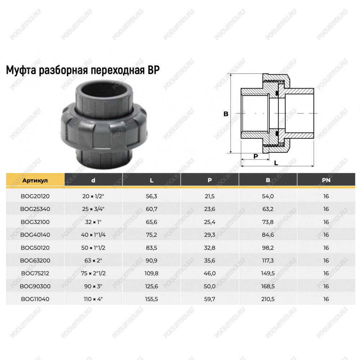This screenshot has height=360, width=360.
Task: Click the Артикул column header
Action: pos(35,180)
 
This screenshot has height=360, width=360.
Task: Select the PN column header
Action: pos(326,180)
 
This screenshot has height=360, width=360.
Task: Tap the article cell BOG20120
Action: pos(35,196)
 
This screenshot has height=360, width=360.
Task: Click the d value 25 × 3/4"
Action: pos(93,209)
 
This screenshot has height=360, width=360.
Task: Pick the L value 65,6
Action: pos(152,222)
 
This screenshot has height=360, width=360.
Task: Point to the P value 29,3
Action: pos(210,235)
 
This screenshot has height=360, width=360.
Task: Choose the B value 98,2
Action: pos(268,248)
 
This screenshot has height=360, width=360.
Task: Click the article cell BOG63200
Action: pos(35,261)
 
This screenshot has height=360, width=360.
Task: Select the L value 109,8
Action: pos(152,274)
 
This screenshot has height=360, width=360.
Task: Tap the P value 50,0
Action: pos(210,286)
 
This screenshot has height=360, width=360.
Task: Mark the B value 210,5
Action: pos(268,299)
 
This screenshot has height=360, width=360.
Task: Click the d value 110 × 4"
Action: pos(93,299)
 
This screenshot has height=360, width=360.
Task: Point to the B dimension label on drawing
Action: pos(226,114)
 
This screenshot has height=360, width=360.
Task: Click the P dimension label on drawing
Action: pos(256,156)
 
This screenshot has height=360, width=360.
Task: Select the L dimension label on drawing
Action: pos(276,163)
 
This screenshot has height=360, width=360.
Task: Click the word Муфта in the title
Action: pos(21,70)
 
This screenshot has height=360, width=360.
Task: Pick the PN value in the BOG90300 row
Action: pos(326,286)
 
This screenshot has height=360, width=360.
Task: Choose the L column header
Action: pos(152,180)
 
